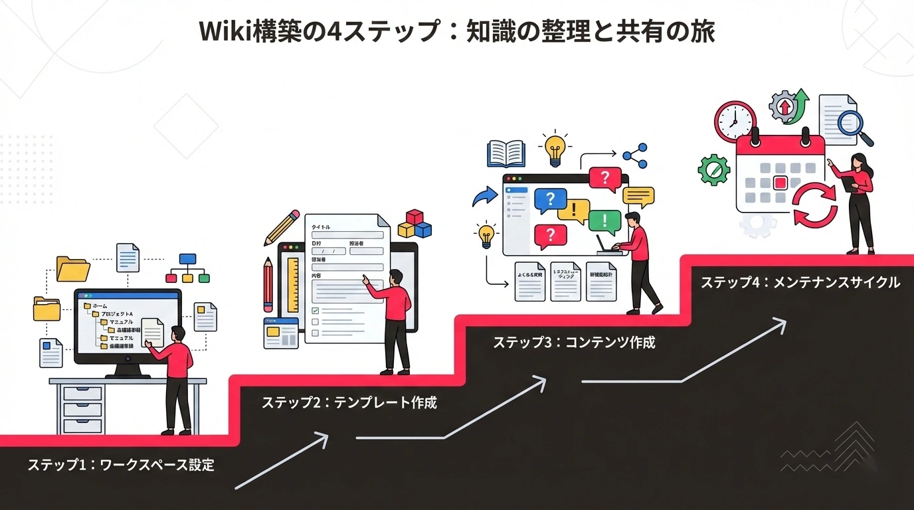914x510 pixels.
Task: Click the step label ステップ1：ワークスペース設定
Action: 121,465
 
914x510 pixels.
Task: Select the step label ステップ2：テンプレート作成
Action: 349,402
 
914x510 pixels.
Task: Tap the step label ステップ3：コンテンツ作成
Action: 574,343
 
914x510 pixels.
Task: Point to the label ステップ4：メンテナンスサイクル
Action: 800,282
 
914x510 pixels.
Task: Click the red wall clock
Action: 735,122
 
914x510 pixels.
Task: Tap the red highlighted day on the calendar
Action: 780,183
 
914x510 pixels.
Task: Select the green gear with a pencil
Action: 713,169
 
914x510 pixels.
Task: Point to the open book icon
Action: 505,153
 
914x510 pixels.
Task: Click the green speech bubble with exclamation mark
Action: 604,220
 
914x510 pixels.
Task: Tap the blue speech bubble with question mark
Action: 551,200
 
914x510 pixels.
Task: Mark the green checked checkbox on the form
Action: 316,310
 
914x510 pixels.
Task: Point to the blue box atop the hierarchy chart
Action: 187,259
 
